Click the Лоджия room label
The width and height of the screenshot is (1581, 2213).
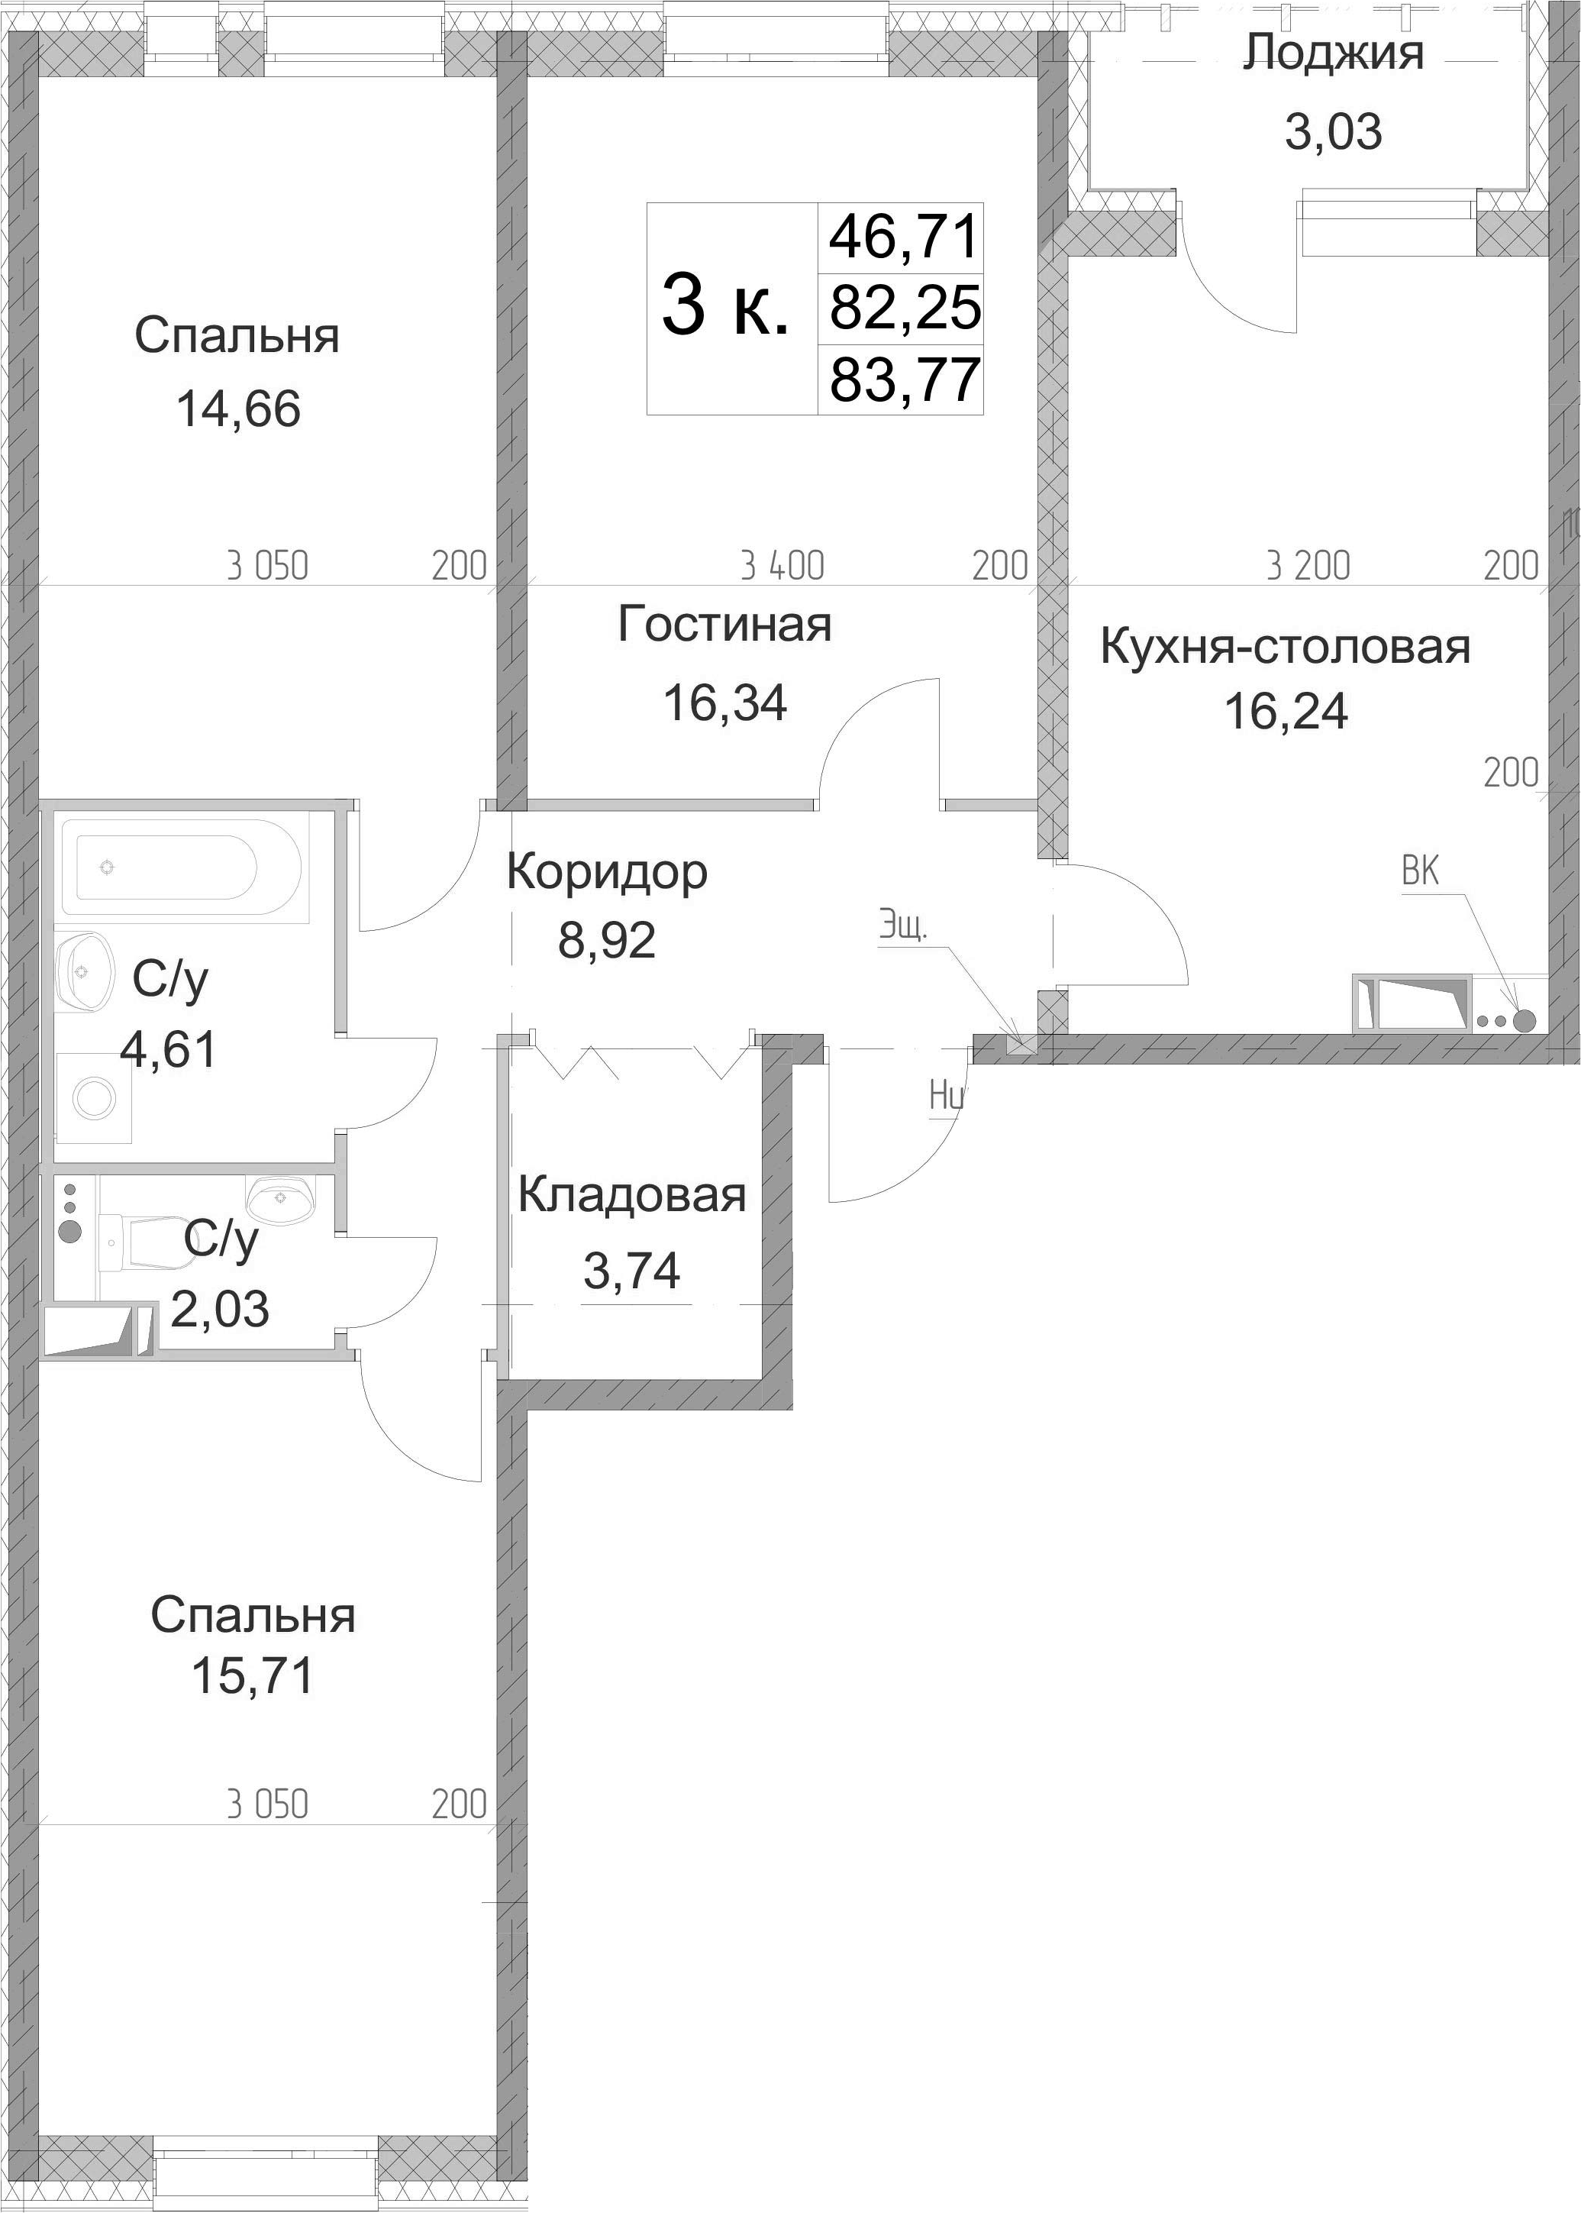(x=1333, y=54)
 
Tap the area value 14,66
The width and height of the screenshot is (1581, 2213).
(x=238, y=409)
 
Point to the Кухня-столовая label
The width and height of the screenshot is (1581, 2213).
(x=1285, y=648)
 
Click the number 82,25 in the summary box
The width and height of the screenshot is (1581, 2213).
(x=905, y=309)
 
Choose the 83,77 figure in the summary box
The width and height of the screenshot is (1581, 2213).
(x=905, y=380)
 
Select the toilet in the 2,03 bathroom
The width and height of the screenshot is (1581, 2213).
(x=146, y=1242)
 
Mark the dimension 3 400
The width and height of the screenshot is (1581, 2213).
(x=782, y=567)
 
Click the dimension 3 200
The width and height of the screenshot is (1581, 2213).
(x=1308, y=567)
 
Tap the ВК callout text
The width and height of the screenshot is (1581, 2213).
(x=1421, y=871)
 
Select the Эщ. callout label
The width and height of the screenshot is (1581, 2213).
(x=903, y=926)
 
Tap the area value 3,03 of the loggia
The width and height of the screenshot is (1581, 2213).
(x=1334, y=132)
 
